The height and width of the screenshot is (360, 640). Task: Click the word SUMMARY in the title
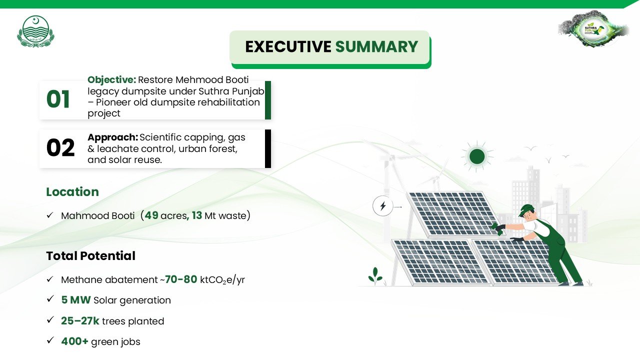(x=376, y=46)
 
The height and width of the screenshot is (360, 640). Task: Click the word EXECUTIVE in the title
(x=288, y=46)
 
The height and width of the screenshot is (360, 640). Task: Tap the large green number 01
(x=58, y=99)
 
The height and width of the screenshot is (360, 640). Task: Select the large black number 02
(x=60, y=147)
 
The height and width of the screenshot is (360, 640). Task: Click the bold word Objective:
(x=111, y=80)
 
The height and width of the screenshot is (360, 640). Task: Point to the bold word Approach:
(x=113, y=137)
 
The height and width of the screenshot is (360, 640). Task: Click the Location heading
(x=72, y=191)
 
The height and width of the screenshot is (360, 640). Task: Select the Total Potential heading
(x=91, y=255)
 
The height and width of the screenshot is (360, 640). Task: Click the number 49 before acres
(x=151, y=215)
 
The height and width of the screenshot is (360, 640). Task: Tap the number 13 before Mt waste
(x=197, y=215)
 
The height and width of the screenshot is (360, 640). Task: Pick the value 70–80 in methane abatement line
(x=181, y=279)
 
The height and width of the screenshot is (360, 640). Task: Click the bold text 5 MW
(x=76, y=300)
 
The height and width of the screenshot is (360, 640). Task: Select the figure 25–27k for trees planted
(x=80, y=321)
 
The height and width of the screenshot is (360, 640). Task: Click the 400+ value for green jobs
(x=74, y=341)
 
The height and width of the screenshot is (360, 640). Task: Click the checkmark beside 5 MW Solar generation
(x=50, y=299)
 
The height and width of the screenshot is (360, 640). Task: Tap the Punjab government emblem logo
(x=35, y=31)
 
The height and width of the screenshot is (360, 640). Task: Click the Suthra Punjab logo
(x=593, y=28)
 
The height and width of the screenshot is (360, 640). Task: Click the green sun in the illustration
(x=477, y=156)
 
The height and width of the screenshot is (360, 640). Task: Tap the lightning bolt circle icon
(x=383, y=205)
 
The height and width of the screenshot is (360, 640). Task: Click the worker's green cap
(x=525, y=209)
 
